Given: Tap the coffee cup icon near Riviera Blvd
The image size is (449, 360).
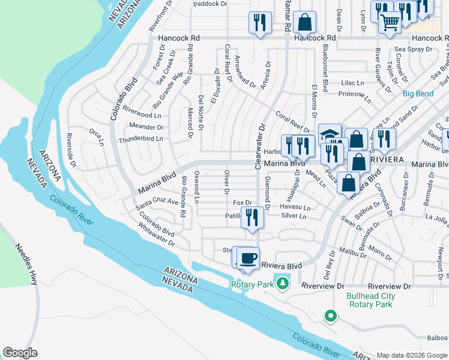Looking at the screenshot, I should click(248, 259).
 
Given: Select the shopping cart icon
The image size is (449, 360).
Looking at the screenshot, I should click(391, 23).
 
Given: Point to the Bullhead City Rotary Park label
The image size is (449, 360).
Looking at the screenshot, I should click(371, 300).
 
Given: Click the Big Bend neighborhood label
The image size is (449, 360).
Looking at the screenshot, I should click(418, 94).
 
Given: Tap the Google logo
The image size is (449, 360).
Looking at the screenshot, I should click(20, 353).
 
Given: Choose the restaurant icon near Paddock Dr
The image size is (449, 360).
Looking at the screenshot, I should click(260, 23).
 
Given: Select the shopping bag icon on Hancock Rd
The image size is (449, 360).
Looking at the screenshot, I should click(305, 23).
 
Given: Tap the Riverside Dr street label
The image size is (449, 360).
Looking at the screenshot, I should click(71, 150).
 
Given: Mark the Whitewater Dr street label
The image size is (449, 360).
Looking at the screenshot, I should click(155, 238).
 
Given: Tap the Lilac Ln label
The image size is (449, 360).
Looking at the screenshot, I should click(353, 83).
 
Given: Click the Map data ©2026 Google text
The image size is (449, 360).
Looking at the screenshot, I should click(411, 355).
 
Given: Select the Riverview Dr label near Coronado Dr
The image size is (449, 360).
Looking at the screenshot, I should click(389, 286).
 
